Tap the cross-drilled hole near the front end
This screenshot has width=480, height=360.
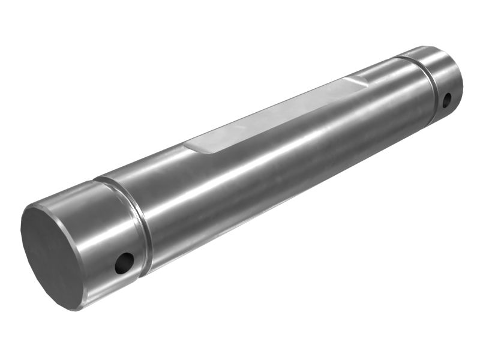click(124, 262)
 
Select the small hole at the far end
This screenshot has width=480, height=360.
click(446, 100)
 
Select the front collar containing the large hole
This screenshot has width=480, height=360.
click(111, 240)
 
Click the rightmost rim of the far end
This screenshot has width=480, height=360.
click(462, 78)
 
